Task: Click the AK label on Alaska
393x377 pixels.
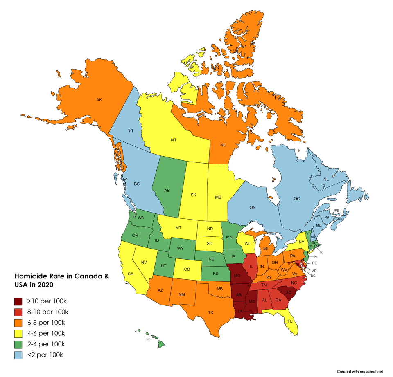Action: coord(99,99)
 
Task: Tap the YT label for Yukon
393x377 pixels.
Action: coord(131,131)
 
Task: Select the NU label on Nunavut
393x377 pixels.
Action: coord(223,145)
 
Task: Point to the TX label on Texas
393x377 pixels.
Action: coord(210,312)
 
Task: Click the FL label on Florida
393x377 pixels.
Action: coord(290,321)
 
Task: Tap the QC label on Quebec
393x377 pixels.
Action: coord(297,199)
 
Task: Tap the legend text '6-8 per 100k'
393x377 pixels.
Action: coord(47,323)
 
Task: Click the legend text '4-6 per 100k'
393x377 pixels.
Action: coord(47,333)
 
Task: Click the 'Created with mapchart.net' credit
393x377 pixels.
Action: coord(359,371)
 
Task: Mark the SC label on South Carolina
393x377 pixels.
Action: coord(288,292)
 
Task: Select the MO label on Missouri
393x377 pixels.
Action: coord(237,276)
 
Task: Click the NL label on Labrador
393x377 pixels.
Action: coord(326,180)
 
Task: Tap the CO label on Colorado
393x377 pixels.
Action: coord(187,269)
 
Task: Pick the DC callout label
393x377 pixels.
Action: coord(314,276)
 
